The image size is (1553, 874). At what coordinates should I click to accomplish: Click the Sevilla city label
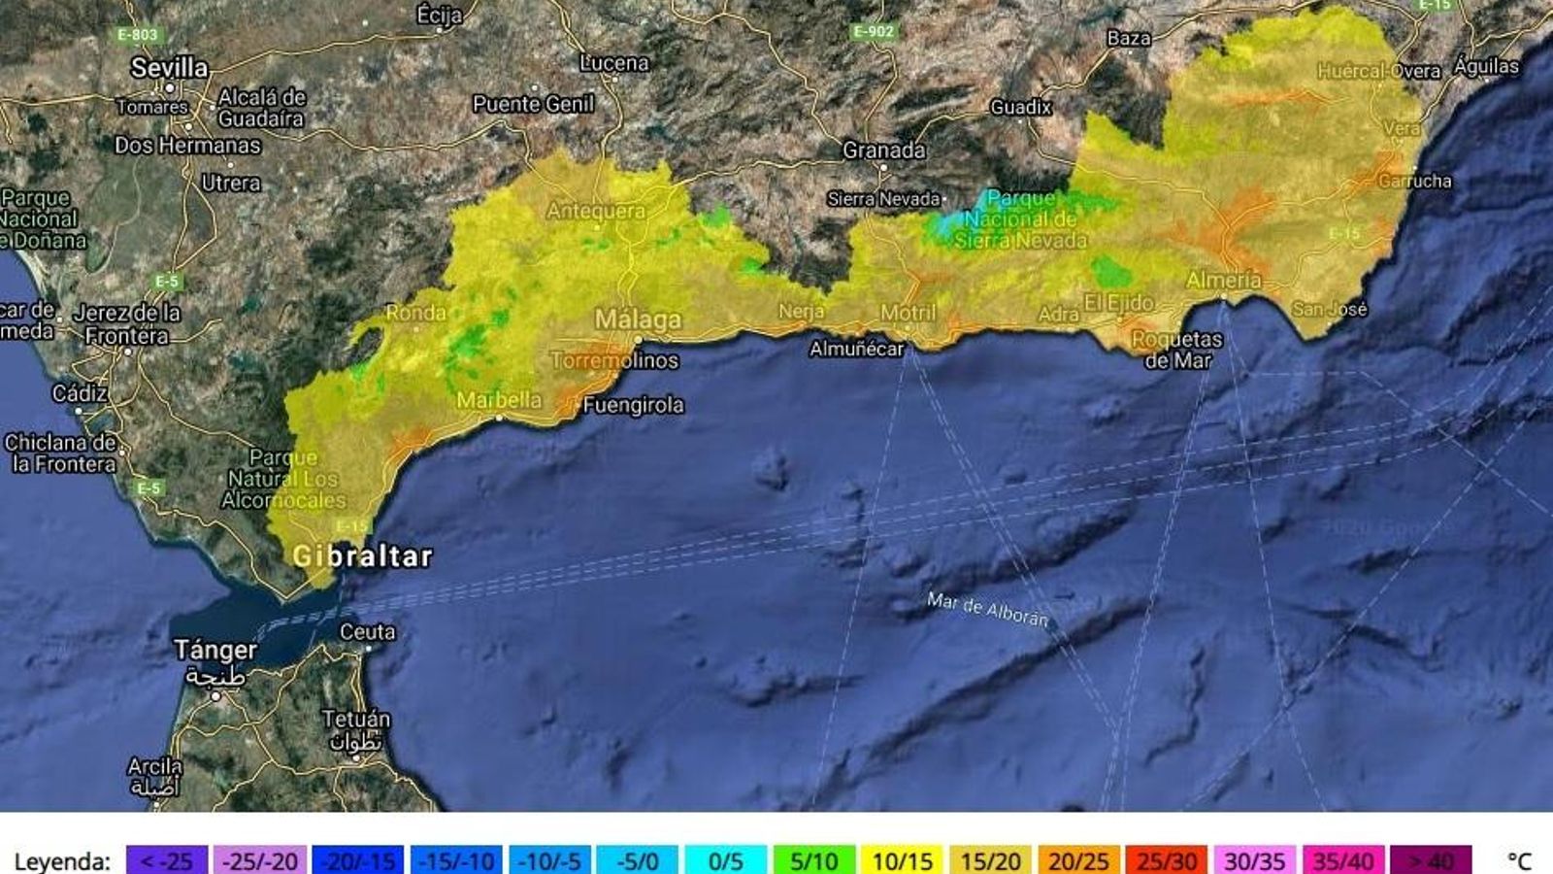[170, 68]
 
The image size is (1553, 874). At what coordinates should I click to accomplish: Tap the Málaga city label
[638, 319]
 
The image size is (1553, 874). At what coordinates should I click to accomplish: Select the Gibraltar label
[362, 556]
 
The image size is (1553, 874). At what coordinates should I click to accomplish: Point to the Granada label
[883, 151]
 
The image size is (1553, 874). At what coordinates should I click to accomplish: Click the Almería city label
[1223, 280]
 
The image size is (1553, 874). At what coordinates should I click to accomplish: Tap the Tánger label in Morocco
[215, 649]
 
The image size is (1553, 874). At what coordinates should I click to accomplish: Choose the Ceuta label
[367, 632]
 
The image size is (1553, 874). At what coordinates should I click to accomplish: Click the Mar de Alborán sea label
[987, 609]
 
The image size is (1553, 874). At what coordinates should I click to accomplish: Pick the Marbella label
[499, 400]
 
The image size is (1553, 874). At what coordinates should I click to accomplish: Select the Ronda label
[415, 313]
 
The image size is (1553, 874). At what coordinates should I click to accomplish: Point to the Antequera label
[595, 211]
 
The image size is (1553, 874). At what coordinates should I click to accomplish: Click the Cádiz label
[80, 393]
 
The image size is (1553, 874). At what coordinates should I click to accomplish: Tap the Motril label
[908, 313]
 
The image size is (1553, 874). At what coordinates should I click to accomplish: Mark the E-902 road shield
[873, 32]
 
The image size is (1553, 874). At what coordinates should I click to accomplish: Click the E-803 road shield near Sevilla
[137, 35]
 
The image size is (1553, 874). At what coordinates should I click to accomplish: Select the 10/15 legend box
[902, 860]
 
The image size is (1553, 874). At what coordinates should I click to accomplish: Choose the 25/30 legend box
[1166, 860]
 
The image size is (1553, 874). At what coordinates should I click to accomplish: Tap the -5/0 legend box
[637, 860]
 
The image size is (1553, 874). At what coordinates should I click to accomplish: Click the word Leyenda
[62, 861]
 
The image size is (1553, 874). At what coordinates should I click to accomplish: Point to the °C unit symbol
[1518, 860]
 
